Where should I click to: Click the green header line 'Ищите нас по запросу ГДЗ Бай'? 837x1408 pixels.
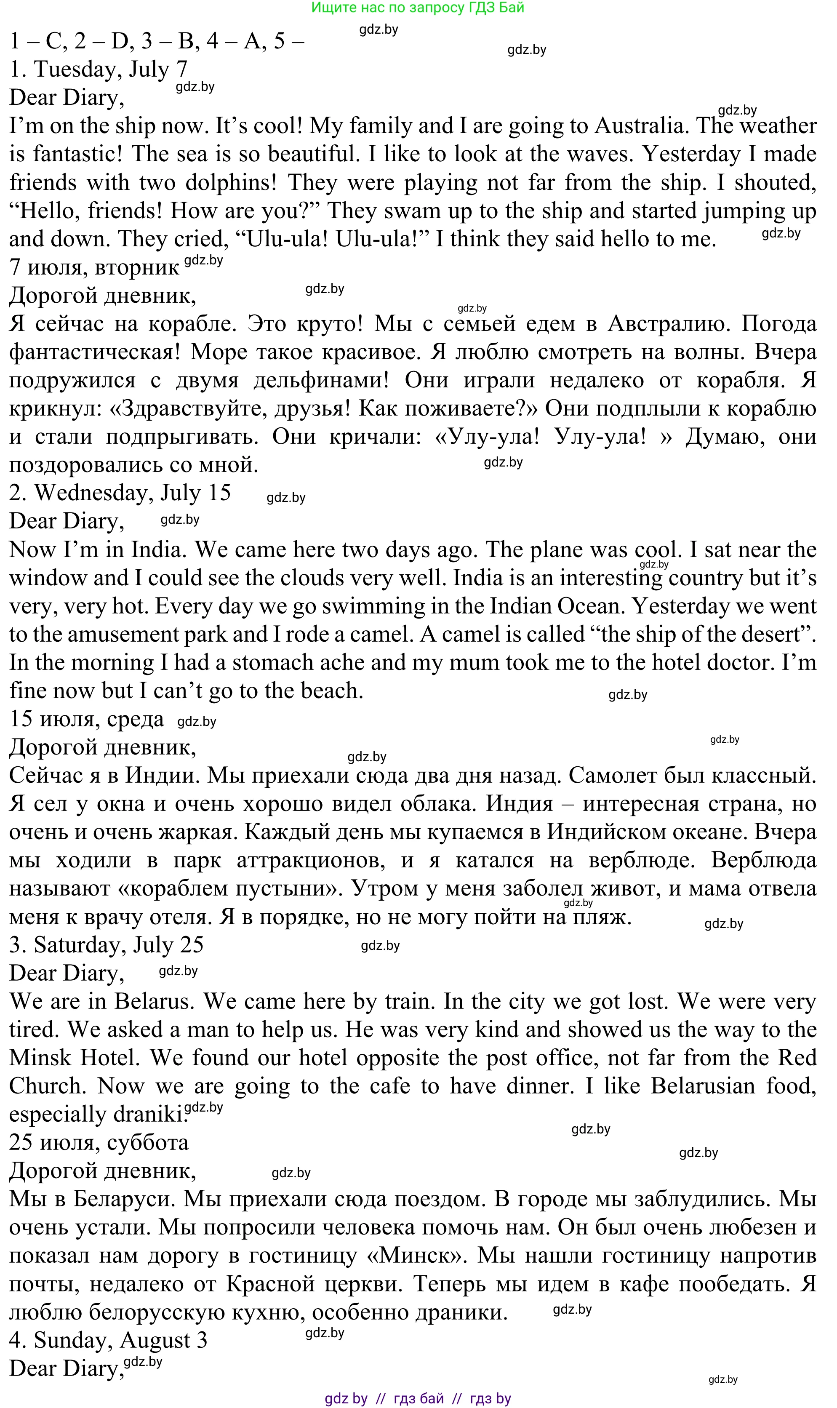(x=418, y=7)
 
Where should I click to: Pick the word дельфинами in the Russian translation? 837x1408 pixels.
(x=321, y=380)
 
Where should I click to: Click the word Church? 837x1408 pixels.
(x=46, y=1086)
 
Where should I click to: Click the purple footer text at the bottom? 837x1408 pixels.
(x=418, y=1398)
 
